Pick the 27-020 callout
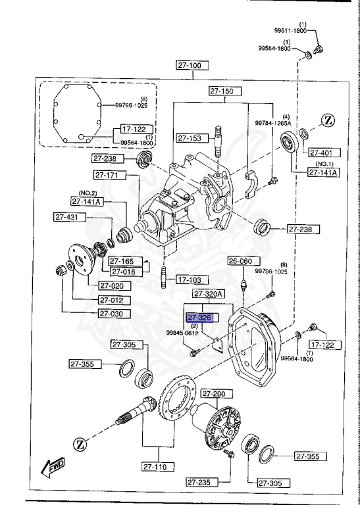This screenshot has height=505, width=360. click(114, 285)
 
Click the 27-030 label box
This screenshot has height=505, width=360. click(114, 313)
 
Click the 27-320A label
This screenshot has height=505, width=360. click(208, 293)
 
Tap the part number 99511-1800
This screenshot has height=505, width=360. click(292, 30)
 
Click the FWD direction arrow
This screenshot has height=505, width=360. click(51, 468)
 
